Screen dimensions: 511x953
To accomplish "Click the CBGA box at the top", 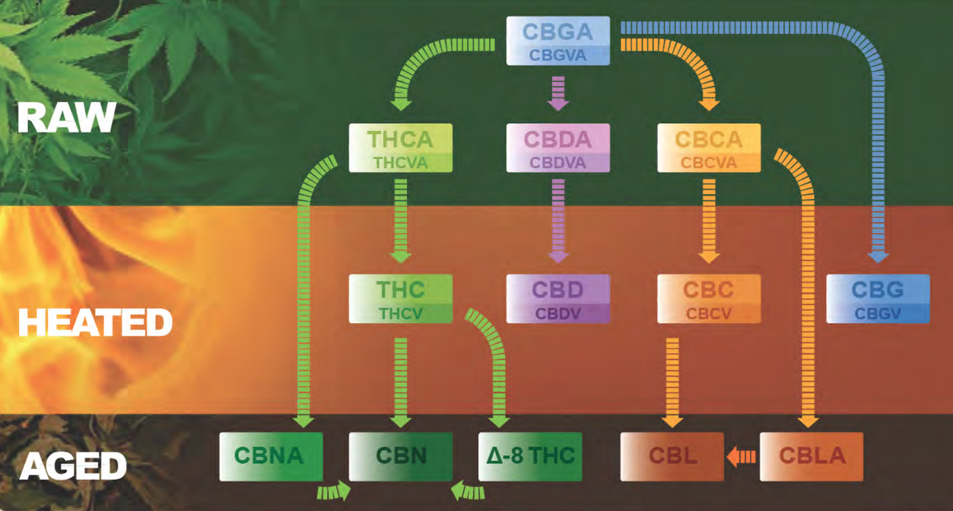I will (558, 33).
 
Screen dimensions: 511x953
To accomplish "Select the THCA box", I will (400, 148).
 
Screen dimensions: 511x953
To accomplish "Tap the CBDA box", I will (558, 148).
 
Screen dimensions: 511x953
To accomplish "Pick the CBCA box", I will (709, 148).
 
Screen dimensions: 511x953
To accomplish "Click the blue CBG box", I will (877, 299).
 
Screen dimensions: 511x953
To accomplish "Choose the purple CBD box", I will (558, 299).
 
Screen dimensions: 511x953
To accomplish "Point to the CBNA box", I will (270, 456).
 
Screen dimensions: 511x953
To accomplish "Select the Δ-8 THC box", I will (530, 456).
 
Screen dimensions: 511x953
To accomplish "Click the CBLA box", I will (811, 456).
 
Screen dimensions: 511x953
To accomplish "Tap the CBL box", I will (672, 456).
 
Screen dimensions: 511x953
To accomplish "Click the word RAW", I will (66, 118).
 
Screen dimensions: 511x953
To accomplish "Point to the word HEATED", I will (95, 322).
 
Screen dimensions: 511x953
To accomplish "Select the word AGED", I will (73, 466).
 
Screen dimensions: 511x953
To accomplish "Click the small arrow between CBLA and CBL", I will (742, 456).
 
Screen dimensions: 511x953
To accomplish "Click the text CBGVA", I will (558, 55).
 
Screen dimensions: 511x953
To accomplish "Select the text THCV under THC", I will (400, 314).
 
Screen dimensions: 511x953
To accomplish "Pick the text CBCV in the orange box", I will (709, 314).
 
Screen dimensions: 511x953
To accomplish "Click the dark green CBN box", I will (400, 456).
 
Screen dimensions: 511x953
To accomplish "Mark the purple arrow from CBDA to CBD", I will (558, 220).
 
